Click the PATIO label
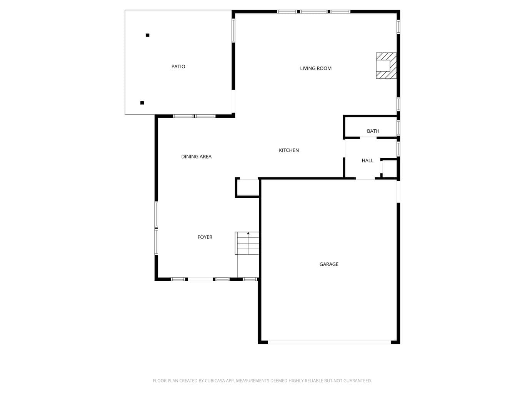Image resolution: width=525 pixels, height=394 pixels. pyautogui.click(x=178, y=67)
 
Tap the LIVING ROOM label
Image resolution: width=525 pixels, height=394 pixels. pyautogui.click(x=316, y=68)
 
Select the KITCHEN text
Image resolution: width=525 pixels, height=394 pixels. pyautogui.click(x=289, y=150)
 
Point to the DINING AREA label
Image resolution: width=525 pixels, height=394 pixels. pyautogui.click(x=197, y=157)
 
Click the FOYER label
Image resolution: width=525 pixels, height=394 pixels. pyautogui.click(x=205, y=237)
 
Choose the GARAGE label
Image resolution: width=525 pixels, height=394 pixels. pyautogui.click(x=329, y=264)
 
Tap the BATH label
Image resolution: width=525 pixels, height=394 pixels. pyautogui.click(x=373, y=131)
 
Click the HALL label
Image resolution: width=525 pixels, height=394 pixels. pyautogui.click(x=368, y=160)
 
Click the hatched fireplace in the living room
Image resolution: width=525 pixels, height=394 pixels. pyautogui.click(x=386, y=65)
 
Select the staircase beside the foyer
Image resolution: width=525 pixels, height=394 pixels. pyautogui.click(x=247, y=243)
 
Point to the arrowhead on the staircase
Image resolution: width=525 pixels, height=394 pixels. pyautogui.click(x=248, y=233)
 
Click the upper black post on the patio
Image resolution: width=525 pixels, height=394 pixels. pyautogui.click(x=148, y=35)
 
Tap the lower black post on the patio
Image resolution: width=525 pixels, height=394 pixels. pyautogui.click(x=142, y=103)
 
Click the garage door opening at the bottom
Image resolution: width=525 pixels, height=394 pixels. pyautogui.click(x=329, y=342)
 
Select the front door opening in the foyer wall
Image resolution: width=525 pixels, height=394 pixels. pyautogui.click(x=200, y=279)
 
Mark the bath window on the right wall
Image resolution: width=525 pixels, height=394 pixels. pyautogui.click(x=398, y=128)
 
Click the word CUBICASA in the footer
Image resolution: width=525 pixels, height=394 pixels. pyautogui.click(x=214, y=381)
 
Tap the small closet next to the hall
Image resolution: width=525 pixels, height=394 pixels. pyautogui.click(x=389, y=169)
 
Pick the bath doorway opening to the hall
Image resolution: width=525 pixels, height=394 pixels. pyautogui.click(x=368, y=138)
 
